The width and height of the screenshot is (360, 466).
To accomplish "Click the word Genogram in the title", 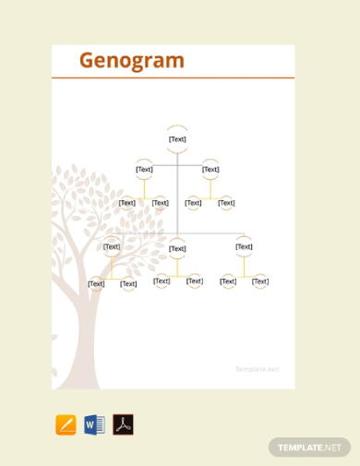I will pyautogui.click(x=132, y=61).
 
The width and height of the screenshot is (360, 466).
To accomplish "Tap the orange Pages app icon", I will pyautogui.click(x=66, y=424).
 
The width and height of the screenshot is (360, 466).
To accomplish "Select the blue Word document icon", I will pyautogui.click(x=94, y=424).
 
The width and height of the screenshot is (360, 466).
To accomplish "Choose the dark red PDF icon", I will pyautogui.click(x=123, y=424).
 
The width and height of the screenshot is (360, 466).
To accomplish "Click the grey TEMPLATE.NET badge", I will pyautogui.click(x=310, y=447).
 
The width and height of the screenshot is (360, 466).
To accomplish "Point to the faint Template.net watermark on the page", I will pyautogui.click(x=257, y=369).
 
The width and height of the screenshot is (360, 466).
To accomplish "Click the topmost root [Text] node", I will pyautogui.click(x=177, y=139).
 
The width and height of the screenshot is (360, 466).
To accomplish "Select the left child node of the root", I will pyautogui.click(x=144, y=169).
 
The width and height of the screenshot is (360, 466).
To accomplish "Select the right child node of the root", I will pyautogui.click(x=210, y=169).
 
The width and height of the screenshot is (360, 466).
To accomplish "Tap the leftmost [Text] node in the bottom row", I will pyautogui.click(x=96, y=283).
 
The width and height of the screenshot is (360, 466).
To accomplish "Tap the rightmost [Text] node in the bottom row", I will pyautogui.click(x=260, y=281).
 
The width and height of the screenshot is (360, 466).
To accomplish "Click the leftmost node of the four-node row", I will pyautogui.click(x=126, y=203).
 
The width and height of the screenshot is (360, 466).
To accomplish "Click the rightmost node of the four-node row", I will pyautogui.click(x=226, y=203).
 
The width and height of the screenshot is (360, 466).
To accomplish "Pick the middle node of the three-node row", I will pyautogui.click(x=177, y=248).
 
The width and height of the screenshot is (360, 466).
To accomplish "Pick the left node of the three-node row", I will pyautogui.click(x=112, y=246).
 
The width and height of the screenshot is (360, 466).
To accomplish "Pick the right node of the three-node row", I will pyautogui.click(x=244, y=246).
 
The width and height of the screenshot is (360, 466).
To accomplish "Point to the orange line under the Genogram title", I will pyautogui.click(x=174, y=78).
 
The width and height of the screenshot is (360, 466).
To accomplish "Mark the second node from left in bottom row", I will pyautogui.click(x=128, y=283).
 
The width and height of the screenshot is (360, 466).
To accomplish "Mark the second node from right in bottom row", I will pyautogui.click(x=228, y=281).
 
